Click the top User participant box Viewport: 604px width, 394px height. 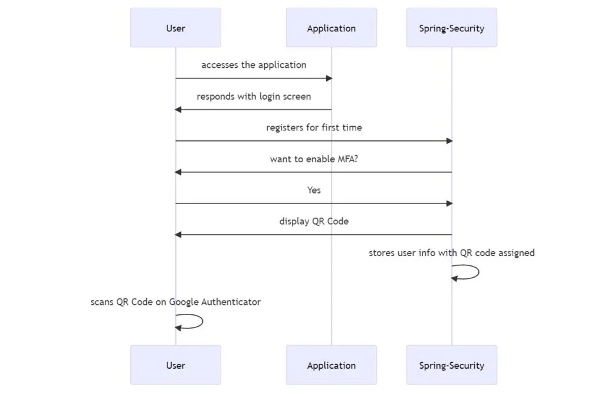pyautogui.click(x=175, y=28)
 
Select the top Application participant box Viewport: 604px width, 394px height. pyautogui.click(x=331, y=28)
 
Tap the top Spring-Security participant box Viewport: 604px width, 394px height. pyautogui.click(x=451, y=28)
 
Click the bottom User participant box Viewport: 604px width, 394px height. pyautogui.click(x=175, y=365)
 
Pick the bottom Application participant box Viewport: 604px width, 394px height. pyautogui.click(x=331, y=365)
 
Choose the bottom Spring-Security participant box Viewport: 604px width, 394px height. pyautogui.click(x=451, y=365)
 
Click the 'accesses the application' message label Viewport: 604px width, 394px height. pyautogui.click(x=254, y=65)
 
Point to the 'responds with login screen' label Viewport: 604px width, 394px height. pyautogui.click(x=254, y=96)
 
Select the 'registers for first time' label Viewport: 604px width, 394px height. pyautogui.click(x=314, y=127)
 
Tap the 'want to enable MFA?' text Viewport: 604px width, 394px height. pyautogui.click(x=314, y=159)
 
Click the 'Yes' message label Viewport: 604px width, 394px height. pyautogui.click(x=314, y=190)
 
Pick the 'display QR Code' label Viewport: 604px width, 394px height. pyautogui.click(x=314, y=221)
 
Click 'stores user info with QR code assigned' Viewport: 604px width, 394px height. pyautogui.click(x=451, y=253)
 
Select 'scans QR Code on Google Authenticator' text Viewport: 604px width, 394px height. pyautogui.click(x=175, y=302)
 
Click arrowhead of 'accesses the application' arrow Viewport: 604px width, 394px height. pyautogui.click(x=329, y=78)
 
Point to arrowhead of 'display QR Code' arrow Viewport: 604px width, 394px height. pyautogui.click(x=178, y=235)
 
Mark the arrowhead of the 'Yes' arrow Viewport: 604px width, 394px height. pyautogui.click(x=449, y=203)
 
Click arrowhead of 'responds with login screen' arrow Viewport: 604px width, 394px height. pyautogui.click(x=178, y=109)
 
